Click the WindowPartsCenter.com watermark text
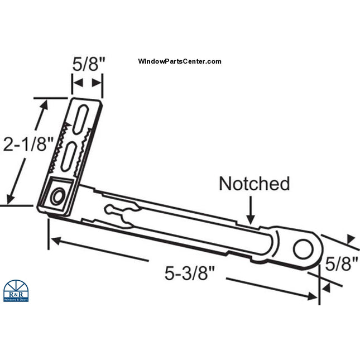coord(179,62)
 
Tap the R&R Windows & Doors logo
coord(16,290)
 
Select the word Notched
coord(254,183)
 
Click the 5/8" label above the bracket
coord(88,64)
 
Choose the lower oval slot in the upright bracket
coord(70,154)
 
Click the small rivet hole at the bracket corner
coord(56,196)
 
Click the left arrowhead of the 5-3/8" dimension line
coord(53,241)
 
